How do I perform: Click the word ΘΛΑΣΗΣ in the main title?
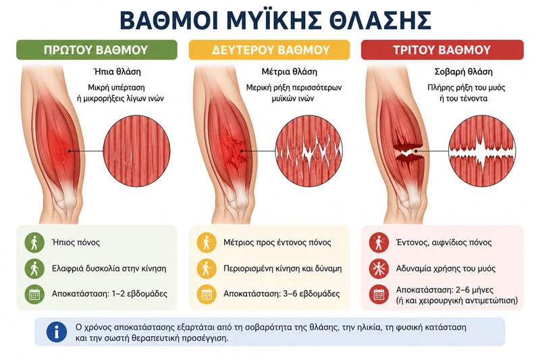coord(380,21)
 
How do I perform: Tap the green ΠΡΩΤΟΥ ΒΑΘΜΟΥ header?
coord(97,50)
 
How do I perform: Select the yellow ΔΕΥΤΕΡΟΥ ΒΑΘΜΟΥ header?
coord(269,50)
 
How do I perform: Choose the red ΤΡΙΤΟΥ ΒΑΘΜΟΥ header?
coord(442,50)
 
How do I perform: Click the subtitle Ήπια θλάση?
coord(117,72)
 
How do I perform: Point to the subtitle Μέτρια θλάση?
coord(290,72)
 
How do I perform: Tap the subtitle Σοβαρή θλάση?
coord(463,72)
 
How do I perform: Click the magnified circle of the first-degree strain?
coord(137,151)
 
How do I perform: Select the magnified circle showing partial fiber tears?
coord(309,151)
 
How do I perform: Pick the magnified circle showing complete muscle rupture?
coord(482,151)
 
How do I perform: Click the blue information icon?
coord(57,332)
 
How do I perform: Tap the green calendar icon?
coord(34,294)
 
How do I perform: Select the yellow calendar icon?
coord(207,294)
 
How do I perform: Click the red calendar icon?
coord(379,294)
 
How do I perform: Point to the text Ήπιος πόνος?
coord(76,242)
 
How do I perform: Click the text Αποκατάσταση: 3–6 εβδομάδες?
coord(281,294)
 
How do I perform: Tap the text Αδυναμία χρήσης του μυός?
coord(446,269)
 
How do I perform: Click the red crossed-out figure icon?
coord(379,269)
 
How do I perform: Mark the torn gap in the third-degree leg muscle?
coord(408,152)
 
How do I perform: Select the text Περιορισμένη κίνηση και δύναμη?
coord(283,269)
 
